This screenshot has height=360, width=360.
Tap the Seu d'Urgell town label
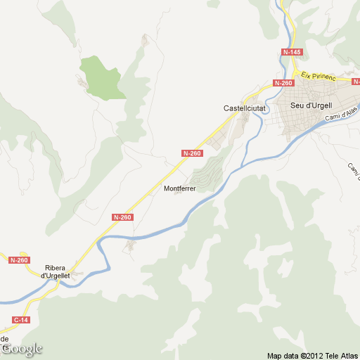pyautogui.click(x=312, y=106)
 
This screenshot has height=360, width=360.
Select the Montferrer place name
pyautogui.click(x=179, y=188)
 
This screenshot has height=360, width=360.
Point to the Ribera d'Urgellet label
pyautogui.click(x=57, y=271)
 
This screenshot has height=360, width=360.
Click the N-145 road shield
pyautogui.click(x=292, y=53)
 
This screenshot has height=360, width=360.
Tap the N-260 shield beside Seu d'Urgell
pyautogui.click(x=283, y=83)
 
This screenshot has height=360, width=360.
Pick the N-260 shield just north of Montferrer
pyautogui.click(x=192, y=153)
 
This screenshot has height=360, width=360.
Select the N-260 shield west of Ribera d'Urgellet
pyautogui.click(x=20, y=260)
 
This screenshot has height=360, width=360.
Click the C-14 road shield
pyautogui.click(x=22, y=320)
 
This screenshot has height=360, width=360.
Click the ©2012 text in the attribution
pyautogui.click(x=310, y=354)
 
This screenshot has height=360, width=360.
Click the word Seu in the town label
pyautogui.click(x=298, y=106)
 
